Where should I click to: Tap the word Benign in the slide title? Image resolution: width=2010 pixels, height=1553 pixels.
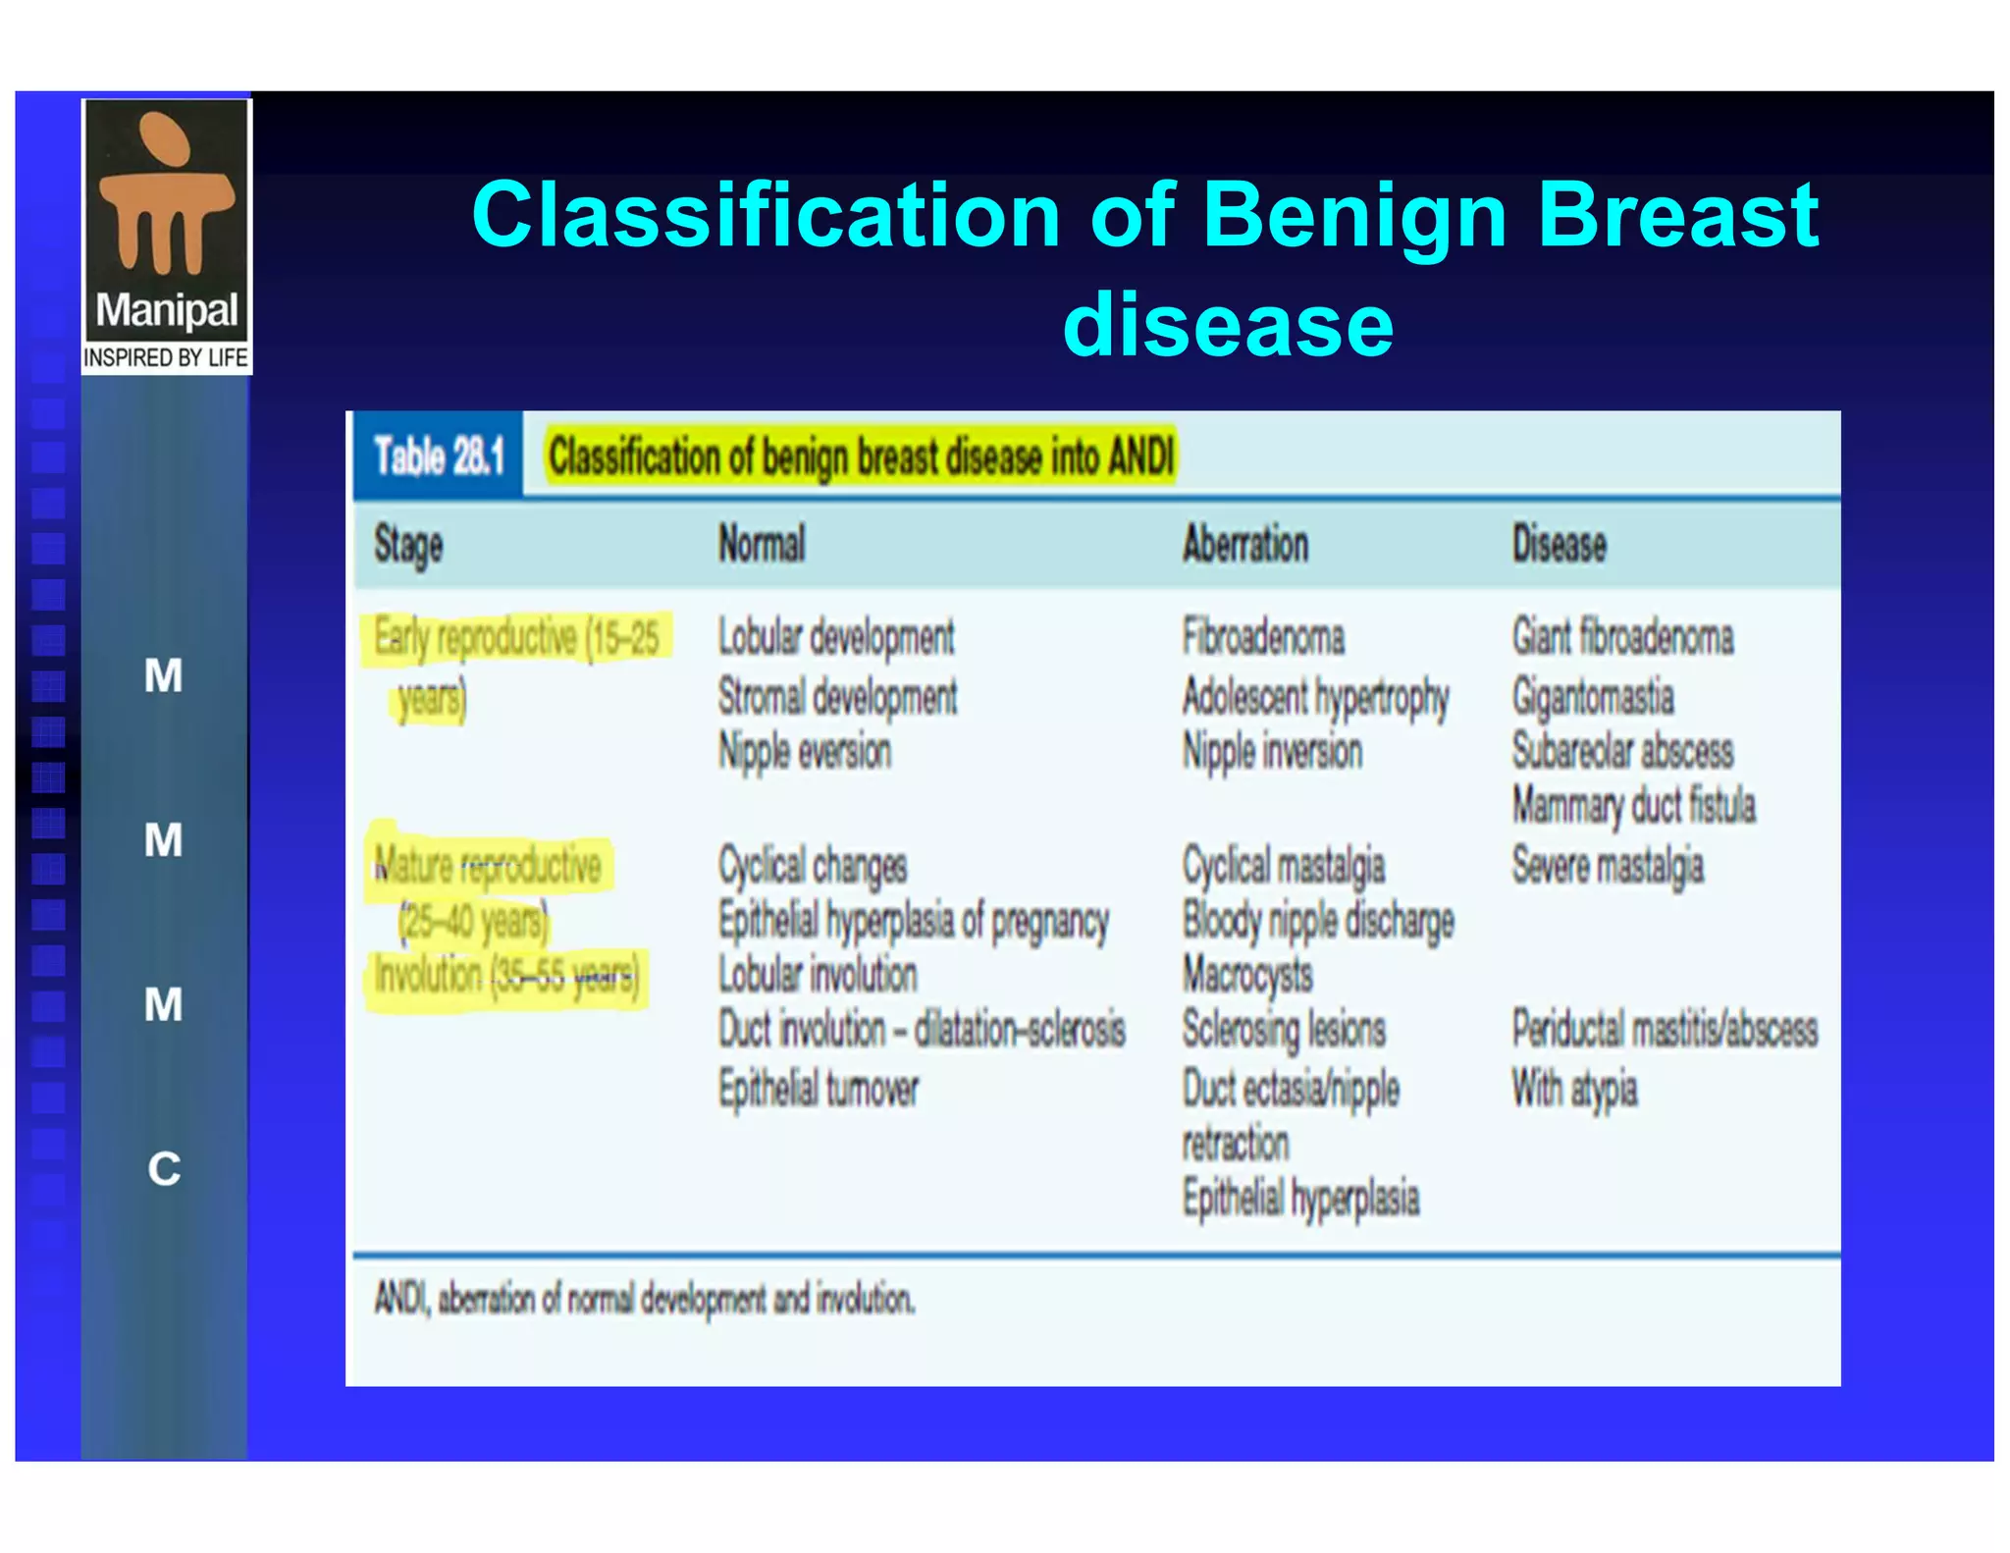click(1354, 216)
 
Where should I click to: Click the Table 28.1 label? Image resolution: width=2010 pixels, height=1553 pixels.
click(439, 456)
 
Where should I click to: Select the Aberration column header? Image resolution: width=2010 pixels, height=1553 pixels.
click(1244, 544)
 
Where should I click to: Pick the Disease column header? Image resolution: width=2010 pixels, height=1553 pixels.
click(1559, 544)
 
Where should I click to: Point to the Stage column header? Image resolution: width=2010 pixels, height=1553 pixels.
click(408, 546)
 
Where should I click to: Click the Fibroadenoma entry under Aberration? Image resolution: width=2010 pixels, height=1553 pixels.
click(1263, 637)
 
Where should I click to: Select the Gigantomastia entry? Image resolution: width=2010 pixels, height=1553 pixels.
click(1592, 697)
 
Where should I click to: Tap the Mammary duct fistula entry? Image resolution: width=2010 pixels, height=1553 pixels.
click(1633, 806)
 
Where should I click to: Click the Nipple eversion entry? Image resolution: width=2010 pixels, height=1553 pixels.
click(805, 752)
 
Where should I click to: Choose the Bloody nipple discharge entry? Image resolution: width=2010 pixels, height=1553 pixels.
click(1318, 921)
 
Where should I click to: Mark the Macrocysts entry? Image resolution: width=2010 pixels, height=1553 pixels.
click(1247, 975)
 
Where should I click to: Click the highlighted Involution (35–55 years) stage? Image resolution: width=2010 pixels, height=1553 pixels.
click(506, 977)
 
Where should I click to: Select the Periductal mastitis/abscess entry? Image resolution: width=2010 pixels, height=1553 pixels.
click(1665, 1030)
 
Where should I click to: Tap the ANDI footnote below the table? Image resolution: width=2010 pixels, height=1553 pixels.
click(644, 1300)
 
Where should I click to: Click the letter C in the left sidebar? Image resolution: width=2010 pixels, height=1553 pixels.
click(164, 1169)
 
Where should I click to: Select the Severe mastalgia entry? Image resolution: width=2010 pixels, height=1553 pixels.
click(1608, 867)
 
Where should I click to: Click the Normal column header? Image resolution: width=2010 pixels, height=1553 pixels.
click(762, 544)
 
